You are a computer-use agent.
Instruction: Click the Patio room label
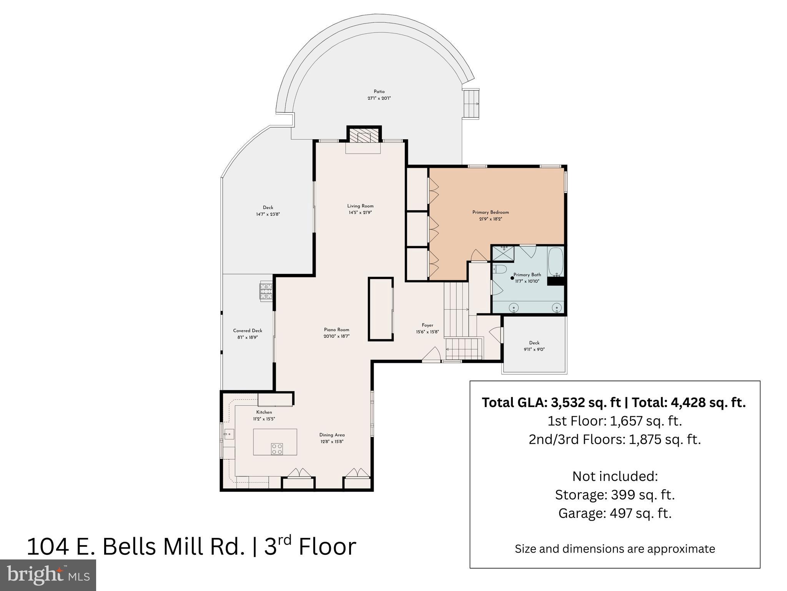coord(379,92)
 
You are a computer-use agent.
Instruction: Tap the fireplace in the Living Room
coord(363,137)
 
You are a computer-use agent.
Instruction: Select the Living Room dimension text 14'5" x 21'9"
coord(360,212)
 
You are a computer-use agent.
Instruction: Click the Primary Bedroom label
coord(490,212)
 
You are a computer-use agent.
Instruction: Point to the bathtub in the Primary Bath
coord(555,262)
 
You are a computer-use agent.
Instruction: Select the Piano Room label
coord(336,330)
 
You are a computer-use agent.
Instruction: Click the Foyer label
coord(427,325)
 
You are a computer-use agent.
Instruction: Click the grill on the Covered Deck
coord(266,291)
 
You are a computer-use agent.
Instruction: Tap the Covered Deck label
coord(248,331)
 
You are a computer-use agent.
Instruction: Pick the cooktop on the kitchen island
coord(277,448)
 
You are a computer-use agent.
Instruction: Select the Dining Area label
coord(332,435)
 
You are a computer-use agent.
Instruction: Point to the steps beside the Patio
coord(471,104)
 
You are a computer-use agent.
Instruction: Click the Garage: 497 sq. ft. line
coord(615,513)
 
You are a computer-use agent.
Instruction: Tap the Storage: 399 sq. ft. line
coord(615,495)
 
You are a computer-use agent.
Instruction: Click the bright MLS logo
coord(48,575)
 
